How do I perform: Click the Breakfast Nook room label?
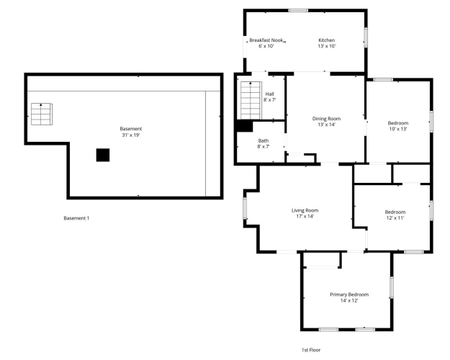266,40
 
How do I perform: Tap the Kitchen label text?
327,40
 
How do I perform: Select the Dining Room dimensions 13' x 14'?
327,125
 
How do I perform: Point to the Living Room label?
305,210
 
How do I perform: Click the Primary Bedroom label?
349,294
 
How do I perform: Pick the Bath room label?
264,140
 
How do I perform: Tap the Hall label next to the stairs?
269,94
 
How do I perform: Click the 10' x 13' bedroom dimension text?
398,129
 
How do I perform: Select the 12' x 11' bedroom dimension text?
395,218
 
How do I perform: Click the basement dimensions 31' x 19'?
131,135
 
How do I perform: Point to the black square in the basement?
103,155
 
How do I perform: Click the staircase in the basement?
42,114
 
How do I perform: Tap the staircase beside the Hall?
251,100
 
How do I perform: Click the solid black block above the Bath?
244,126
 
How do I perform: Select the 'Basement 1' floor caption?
76,218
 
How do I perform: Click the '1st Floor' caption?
311,350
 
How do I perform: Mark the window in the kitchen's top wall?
298,11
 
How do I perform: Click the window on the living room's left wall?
245,208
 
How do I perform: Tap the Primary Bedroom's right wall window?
392,287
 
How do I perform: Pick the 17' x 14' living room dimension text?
305,217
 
